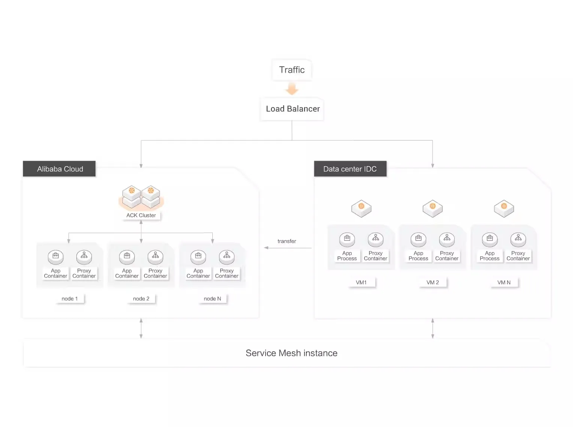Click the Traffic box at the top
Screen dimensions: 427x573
tap(292, 70)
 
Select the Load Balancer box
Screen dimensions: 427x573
tap(292, 109)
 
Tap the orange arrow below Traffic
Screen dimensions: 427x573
tap(292, 89)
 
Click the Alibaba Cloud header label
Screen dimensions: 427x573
tap(60, 169)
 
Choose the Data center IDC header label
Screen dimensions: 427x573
tap(350, 169)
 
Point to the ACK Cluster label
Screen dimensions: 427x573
tap(141, 215)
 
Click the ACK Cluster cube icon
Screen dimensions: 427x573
tap(141, 197)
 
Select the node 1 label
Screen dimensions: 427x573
tap(70, 299)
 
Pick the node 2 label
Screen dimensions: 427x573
tap(141, 299)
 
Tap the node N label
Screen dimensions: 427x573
tap(212, 299)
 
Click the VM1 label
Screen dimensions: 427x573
tap(361, 282)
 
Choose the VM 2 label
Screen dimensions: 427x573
tap(433, 282)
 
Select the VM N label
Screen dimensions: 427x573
tap(504, 282)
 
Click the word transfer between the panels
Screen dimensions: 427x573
tap(286, 241)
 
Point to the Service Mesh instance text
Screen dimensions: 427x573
tap(291, 353)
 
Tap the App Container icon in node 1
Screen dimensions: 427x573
tap(55, 257)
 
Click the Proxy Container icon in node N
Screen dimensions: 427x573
tap(227, 257)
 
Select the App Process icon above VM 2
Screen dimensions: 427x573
tap(418, 239)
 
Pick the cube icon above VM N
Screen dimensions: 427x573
tap(504, 208)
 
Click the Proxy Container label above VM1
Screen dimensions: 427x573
tap(375, 256)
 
